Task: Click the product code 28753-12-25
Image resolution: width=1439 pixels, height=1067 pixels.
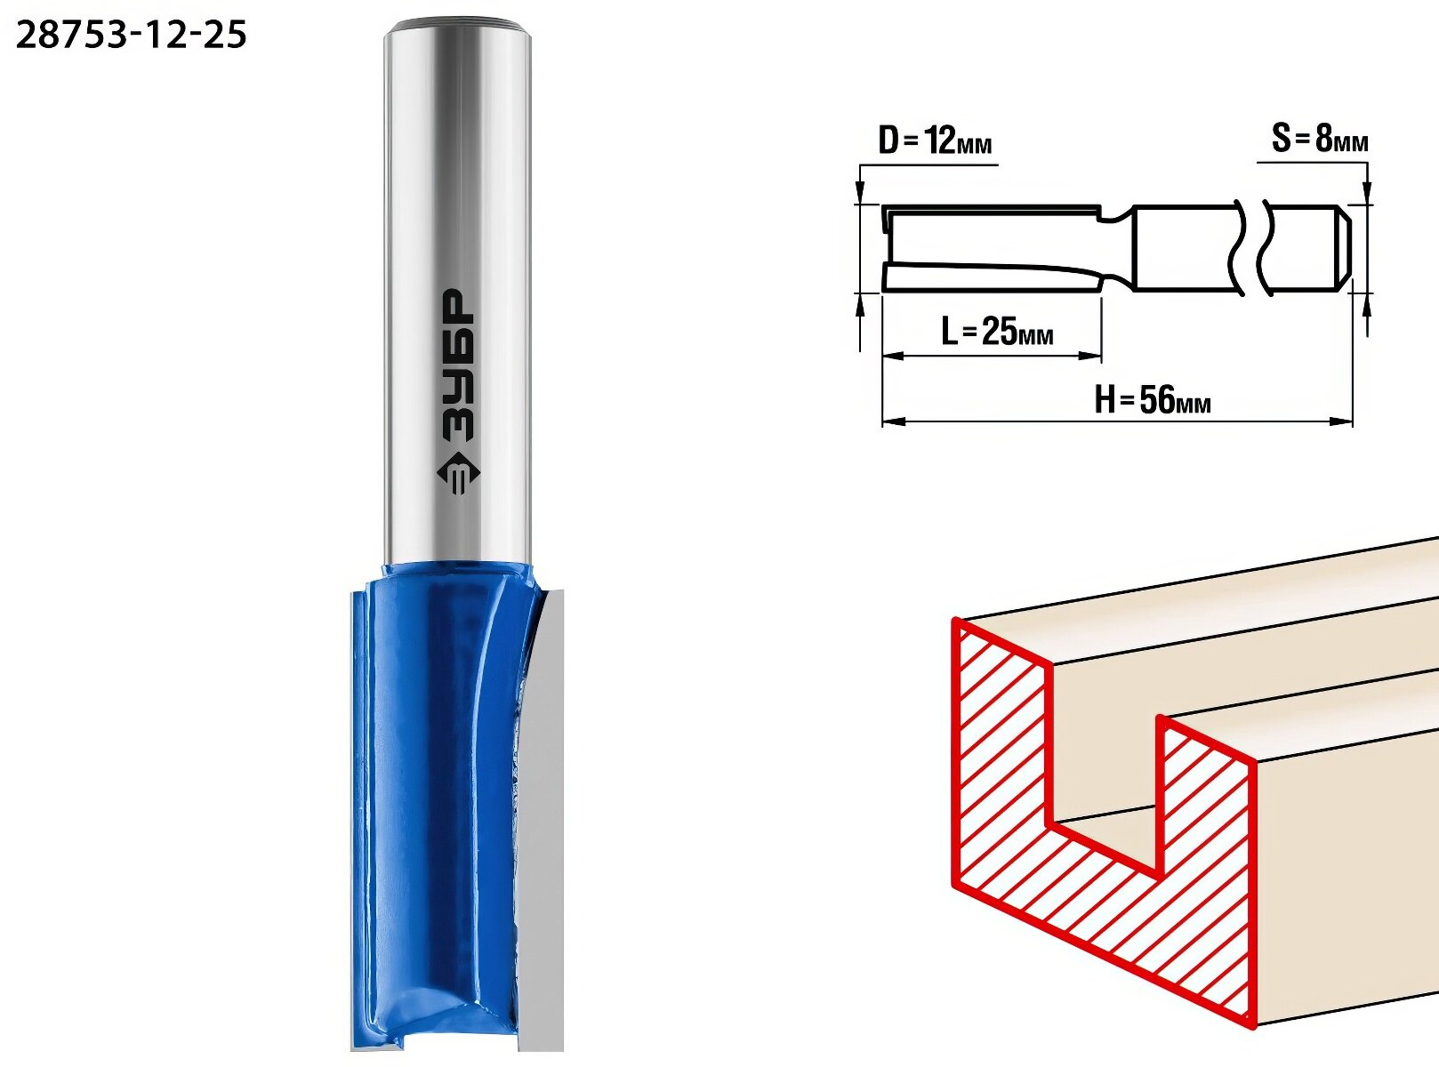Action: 131,35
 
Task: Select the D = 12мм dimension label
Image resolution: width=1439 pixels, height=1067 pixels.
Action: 935,141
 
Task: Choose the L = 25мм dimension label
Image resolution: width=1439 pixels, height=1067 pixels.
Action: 997,332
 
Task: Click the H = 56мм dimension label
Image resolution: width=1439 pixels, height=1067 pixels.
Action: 1153,399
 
